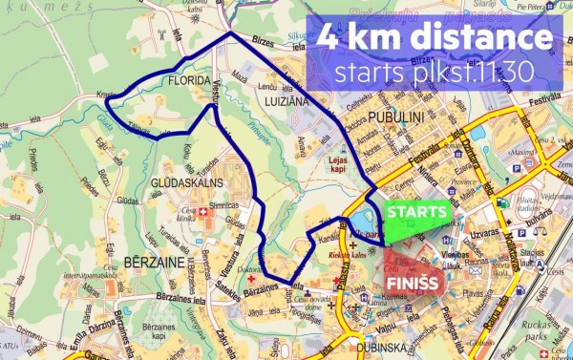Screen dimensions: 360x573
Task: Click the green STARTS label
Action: click(416, 211)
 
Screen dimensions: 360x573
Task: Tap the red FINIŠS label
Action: click(412, 284)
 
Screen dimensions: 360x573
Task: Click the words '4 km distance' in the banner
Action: click(435, 39)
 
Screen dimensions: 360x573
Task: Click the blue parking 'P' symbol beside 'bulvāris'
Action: click(521, 232)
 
